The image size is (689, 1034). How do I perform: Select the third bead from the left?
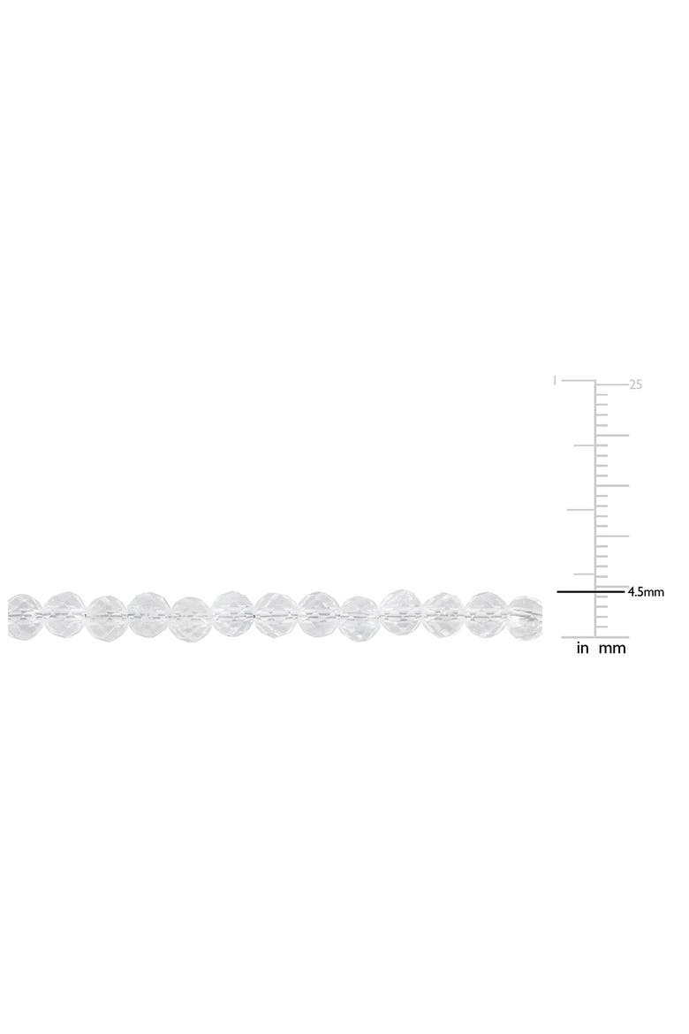click(107, 617)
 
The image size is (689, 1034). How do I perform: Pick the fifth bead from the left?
click(191, 619)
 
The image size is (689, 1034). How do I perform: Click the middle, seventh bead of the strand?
click(276, 614)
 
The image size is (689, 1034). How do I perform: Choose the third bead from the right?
click(445, 614)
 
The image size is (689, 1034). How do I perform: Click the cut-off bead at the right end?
click(526, 616)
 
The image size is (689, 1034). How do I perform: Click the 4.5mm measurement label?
click(646, 592)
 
